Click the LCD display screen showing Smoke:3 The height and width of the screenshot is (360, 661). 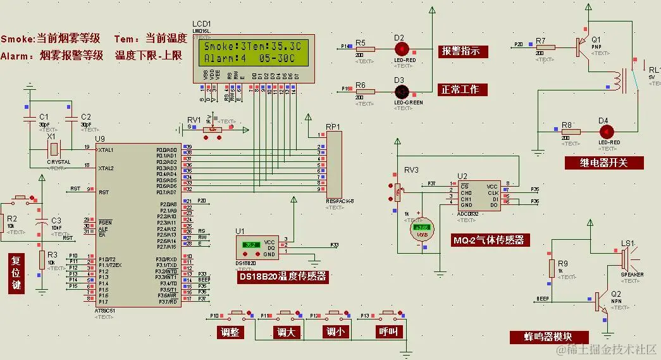coord(253,53)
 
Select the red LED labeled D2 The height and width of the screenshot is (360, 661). coord(400,49)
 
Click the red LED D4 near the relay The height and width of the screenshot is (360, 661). coord(606,132)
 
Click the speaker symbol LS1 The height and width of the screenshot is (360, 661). coord(625,258)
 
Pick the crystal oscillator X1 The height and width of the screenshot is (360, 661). coord(54,149)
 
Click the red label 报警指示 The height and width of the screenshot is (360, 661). coord(463,51)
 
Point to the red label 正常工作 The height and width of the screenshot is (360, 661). coord(463,90)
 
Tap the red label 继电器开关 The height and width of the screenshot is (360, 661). coord(604,163)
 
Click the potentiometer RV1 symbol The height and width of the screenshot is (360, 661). coord(213,130)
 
